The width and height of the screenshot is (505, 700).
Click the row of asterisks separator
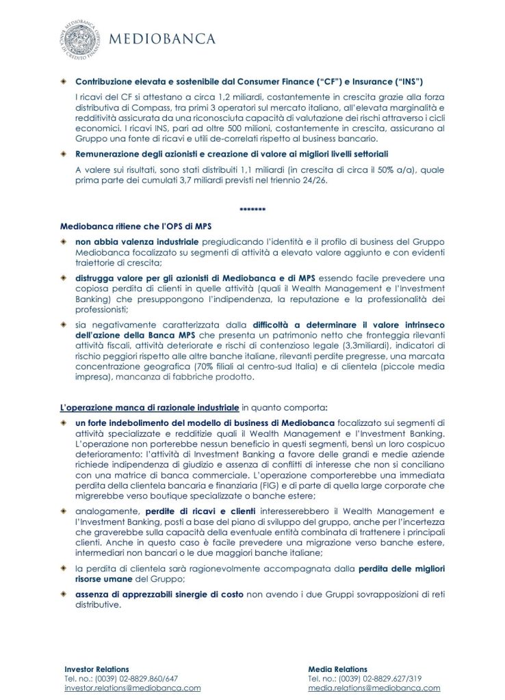click(252, 208)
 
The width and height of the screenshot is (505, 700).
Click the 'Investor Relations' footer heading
click(96, 669)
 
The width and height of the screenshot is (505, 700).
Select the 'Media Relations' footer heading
click(337, 669)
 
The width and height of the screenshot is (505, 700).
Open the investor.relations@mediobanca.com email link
click(132, 688)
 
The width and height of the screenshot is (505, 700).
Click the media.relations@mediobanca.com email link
click(374, 688)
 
